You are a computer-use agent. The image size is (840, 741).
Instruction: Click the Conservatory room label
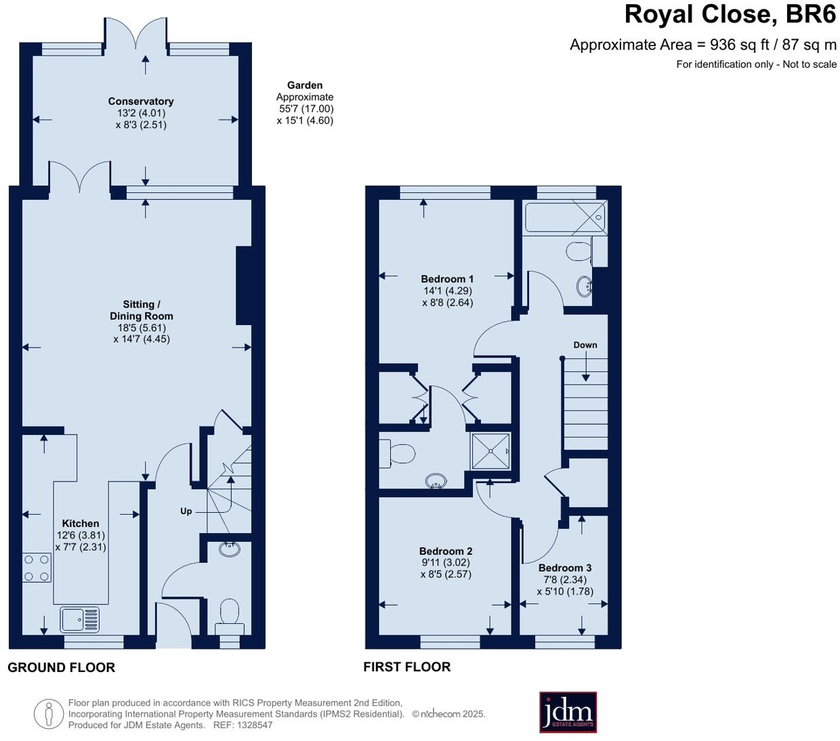tap(141, 102)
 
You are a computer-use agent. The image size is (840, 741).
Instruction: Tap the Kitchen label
tap(81, 524)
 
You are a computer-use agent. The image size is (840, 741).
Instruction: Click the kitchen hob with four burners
tap(37, 568)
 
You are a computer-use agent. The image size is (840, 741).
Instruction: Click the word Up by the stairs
tap(186, 511)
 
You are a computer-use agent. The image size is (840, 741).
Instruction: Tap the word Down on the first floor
tap(585, 345)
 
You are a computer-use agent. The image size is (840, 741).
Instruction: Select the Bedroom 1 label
tap(447, 279)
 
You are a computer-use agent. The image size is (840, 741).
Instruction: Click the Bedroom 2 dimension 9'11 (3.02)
tap(445, 562)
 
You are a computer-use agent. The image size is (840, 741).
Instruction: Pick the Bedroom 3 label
tap(565, 568)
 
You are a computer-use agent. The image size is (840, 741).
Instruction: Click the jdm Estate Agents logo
tap(568, 712)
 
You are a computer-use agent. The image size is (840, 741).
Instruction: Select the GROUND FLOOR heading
tap(61, 667)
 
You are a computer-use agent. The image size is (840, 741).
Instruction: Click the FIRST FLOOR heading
tap(406, 666)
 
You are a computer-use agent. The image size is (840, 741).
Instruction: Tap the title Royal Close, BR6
tap(730, 14)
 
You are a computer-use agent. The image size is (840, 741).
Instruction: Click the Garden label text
tap(305, 85)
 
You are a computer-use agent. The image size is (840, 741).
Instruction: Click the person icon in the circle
tap(48, 714)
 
